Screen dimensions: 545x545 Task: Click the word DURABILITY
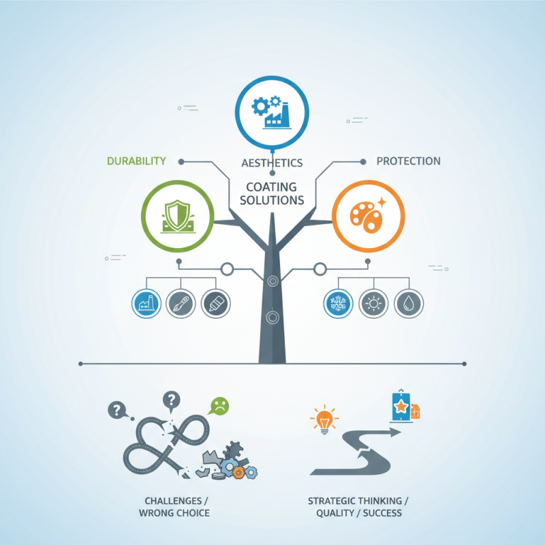click(x=136, y=161)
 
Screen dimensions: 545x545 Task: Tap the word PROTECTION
click(x=408, y=161)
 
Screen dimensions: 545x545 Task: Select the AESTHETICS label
click(x=272, y=163)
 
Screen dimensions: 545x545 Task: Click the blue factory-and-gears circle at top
click(x=272, y=112)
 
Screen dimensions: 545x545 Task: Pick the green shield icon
click(x=178, y=216)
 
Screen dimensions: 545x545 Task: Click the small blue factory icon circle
click(x=146, y=303)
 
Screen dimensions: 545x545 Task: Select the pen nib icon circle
click(x=181, y=303)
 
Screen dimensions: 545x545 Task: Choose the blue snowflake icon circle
click(x=338, y=303)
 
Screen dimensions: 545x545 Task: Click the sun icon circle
click(x=373, y=303)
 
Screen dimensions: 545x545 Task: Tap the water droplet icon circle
click(x=408, y=303)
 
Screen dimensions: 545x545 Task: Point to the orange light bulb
click(x=324, y=420)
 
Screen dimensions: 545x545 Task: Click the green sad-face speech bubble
click(x=219, y=405)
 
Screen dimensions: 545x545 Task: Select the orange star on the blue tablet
click(x=401, y=406)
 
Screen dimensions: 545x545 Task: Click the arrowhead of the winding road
click(x=395, y=433)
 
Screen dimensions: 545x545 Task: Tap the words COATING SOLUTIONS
click(x=272, y=193)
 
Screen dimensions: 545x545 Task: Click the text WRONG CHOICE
click(x=174, y=513)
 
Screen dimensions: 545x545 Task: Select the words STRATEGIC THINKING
click(x=354, y=501)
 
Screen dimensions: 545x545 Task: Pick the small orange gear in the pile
click(x=238, y=472)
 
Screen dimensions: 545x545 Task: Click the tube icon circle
click(x=216, y=303)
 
